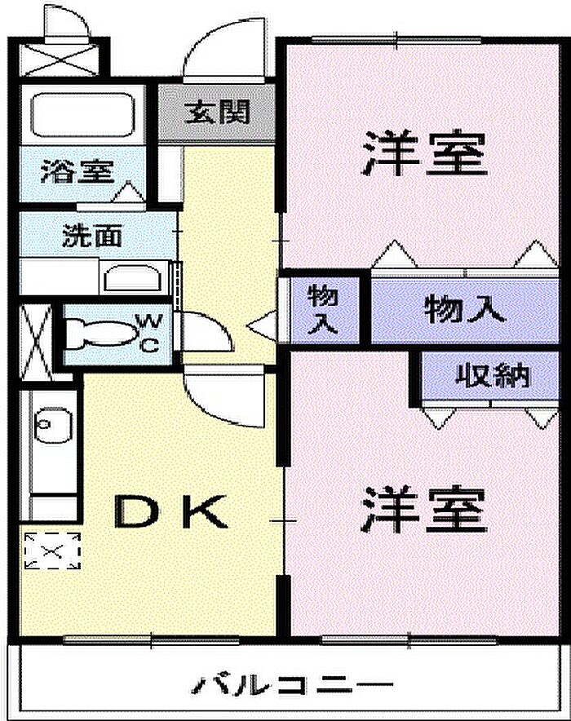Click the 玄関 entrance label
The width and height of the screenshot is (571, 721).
click(216, 112)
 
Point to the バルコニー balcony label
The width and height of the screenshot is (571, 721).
click(292, 683)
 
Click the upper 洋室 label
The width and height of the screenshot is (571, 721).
click(424, 153)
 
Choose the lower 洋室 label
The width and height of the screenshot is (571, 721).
click(424, 508)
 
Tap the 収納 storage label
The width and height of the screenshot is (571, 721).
click(492, 376)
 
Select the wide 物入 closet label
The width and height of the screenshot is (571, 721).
click(465, 309)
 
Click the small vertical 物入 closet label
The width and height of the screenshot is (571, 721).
click(323, 309)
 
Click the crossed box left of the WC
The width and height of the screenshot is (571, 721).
click(36, 336)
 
